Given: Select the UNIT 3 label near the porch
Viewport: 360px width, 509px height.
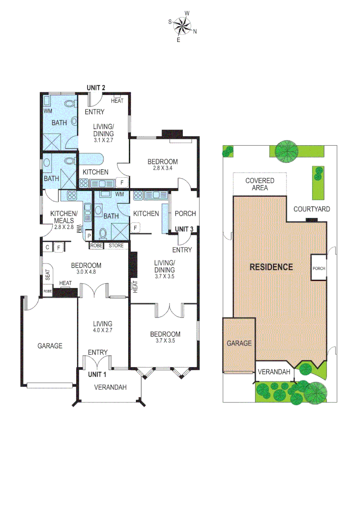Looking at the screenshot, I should coord(184,230).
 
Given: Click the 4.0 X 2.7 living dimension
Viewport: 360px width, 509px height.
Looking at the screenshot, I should coord(102,331).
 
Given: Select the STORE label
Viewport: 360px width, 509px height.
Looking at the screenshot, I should coord(116,246).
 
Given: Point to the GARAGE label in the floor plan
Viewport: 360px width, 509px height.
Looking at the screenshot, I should coord(50,345).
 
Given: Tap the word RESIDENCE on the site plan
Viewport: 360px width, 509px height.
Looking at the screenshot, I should coord(271,267).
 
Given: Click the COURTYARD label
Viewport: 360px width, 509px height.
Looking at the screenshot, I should coord(311,209).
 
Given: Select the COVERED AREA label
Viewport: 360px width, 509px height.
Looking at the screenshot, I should coord(260,184).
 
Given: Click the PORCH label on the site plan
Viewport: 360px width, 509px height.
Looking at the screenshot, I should coord(319,269).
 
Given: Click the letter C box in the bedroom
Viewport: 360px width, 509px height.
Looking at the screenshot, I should coord(48,246).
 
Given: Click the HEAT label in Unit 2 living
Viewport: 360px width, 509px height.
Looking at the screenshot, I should coord(117,101).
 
